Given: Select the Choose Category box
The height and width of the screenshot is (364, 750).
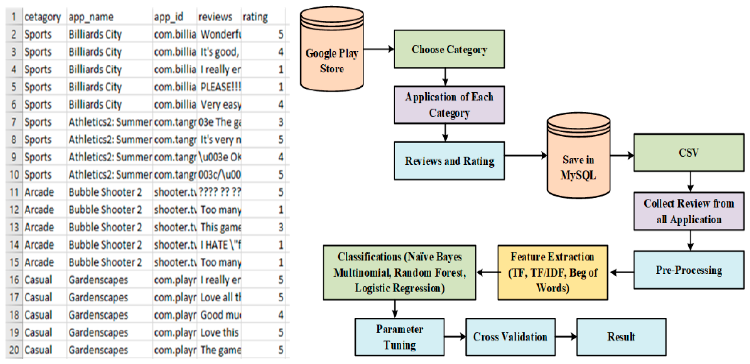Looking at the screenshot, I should pos(449,49).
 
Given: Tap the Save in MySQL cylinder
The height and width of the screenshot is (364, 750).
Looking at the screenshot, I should pos(578,157).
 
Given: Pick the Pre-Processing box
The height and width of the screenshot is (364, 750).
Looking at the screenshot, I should pos(689,270).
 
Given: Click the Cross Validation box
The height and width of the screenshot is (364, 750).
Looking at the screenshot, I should pos(510,337).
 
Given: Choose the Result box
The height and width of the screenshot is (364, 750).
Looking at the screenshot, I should pos(621,337).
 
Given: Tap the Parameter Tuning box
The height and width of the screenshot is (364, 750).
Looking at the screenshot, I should pos(399,337).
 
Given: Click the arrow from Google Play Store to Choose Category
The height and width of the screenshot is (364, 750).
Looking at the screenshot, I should pos(379,49).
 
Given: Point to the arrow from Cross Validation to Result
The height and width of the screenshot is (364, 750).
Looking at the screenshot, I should pos(566,337).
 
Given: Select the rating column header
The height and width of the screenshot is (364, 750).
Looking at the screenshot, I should pos(255,17).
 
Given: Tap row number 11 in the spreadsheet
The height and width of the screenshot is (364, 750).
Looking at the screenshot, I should pos(14,192).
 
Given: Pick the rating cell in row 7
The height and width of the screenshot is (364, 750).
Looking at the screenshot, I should pos(280,122).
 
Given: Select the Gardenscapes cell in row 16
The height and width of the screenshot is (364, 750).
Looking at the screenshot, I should pos(98,280).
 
